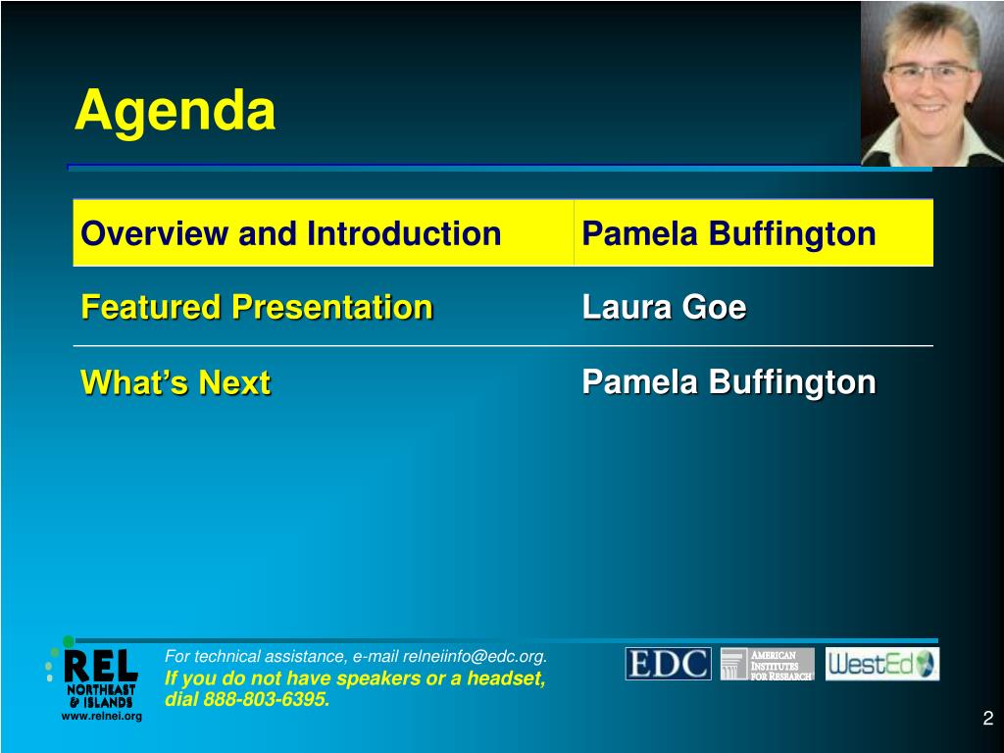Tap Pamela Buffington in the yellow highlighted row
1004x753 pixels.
pyautogui.click(x=728, y=233)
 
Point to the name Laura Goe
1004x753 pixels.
pyautogui.click(x=664, y=307)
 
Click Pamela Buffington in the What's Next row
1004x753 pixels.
pyautogui.click(x=728, y=382)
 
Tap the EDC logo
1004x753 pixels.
pyautogui.click(x=668, y=664)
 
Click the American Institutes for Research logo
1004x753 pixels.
pyautogui.click(x=767, y=664)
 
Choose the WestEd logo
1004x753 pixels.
pyautogui.click(x=881, y=664)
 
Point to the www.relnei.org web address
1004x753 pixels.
pyautogui.click(x=102, y=716)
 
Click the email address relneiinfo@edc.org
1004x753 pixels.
pyautogui.click(x=474, y=656)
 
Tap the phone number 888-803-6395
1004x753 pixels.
pyautogui.click(x=267, y=699)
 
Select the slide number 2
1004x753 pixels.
pyautogui.click(x=988, y=718)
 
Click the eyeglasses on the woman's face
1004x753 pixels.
pyautogui.click(x=930, y=72)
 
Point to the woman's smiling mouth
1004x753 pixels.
pyautogui.click(x=929, y=108)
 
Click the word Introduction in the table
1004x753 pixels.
pyautogui.click(x=403, y=233)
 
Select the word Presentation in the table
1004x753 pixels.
pyautogui.click(x=332, y=307)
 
